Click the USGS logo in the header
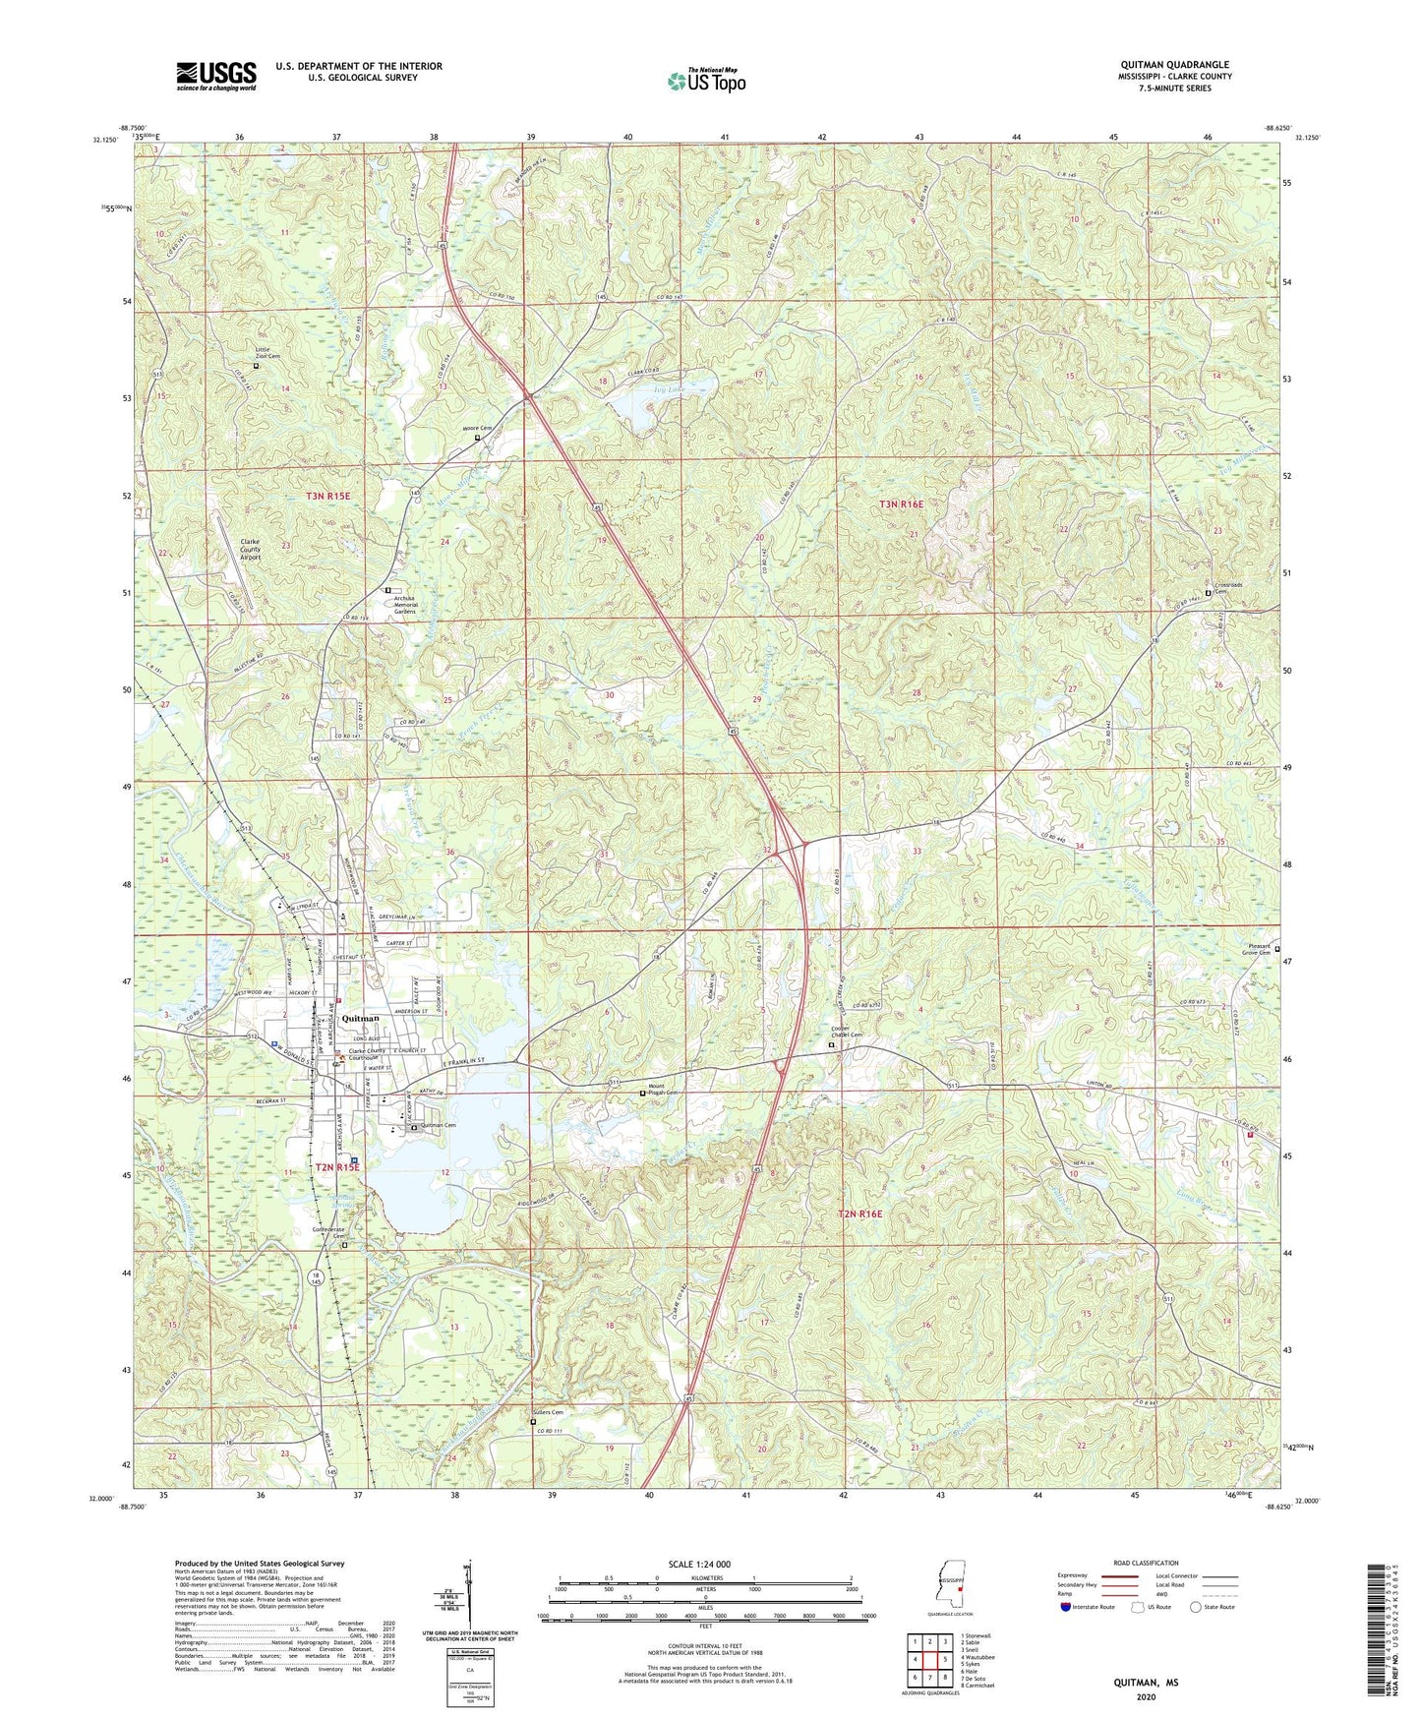[216, 76]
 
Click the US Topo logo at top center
[705, 81]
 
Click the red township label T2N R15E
[337, 1166]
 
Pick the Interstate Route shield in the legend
[1066, 1606]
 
